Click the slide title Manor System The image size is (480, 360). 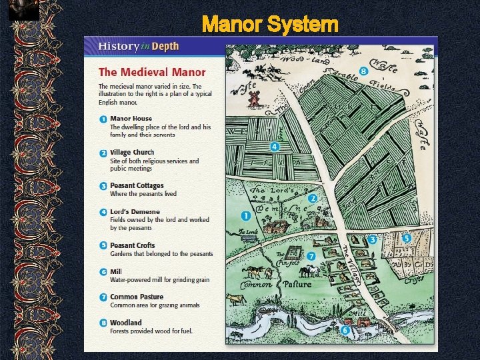[x=270, y=25]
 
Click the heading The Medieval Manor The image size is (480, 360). [x=152, y=72]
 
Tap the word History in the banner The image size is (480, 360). [x=118, y=47]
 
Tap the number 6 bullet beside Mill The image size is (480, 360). [x=103, y=271]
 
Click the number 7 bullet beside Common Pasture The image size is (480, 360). [x=103, y=297]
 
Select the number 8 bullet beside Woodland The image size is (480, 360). [x=103, y=323]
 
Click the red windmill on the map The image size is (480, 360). [x=253, y=99]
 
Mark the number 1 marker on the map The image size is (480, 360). [x=245, y=215]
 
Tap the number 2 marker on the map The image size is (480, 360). [x=312, y=198]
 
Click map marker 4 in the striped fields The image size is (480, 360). [x=275, y=147]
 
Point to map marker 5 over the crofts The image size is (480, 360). [x=406, y=238]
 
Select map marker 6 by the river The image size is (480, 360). [x=345, y=329]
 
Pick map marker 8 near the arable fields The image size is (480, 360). [x=363, y=71]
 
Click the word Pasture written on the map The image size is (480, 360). [x=297, y=285]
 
